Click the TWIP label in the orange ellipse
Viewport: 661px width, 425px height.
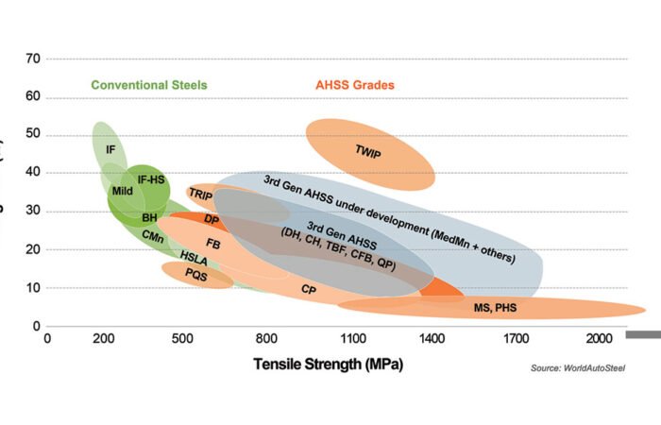click(368, 150)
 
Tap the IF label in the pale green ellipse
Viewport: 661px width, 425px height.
click(110, 149)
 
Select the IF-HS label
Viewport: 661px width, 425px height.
click(151, 178)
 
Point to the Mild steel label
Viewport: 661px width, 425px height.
click(122, 191)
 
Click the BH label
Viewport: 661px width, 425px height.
click(149, 217)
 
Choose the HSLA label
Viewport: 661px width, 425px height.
click(194, 257)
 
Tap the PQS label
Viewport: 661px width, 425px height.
click(195, 274)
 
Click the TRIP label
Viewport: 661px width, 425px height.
click(200, 194)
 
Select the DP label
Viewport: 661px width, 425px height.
click(212, 219)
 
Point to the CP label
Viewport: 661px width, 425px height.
click(309, 289)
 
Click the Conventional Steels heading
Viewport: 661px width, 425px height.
click(149, 85)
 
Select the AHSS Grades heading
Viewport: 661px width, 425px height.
click(355, 85)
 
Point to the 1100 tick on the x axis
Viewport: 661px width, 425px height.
click(353, 338)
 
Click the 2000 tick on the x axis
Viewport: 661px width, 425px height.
click(600, 338)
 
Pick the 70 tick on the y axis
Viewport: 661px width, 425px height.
click(33, 59)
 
